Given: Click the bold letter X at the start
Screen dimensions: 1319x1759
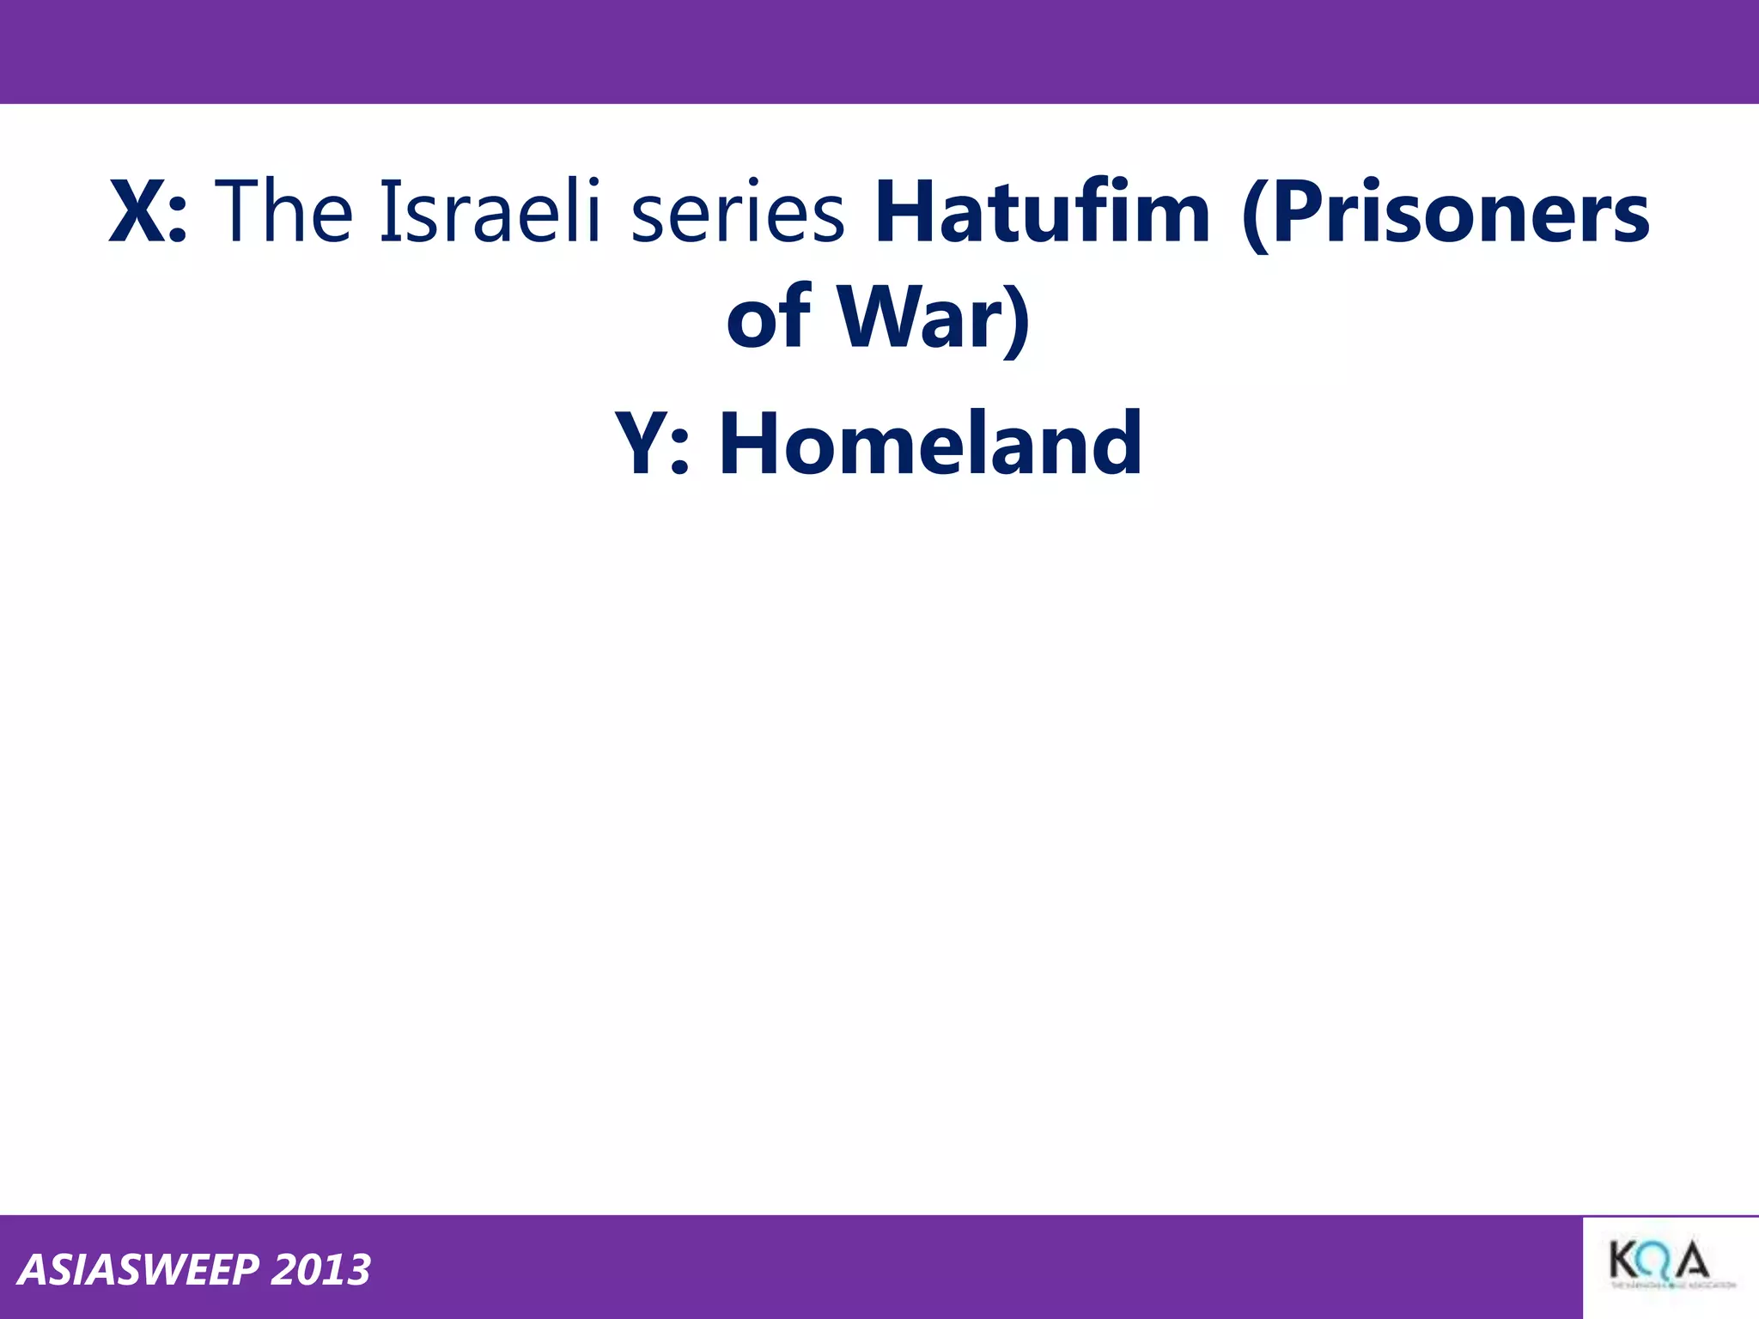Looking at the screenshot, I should point(137,212).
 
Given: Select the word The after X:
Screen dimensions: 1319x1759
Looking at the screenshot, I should point(283,210).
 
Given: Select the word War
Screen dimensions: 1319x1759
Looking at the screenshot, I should point(919,317).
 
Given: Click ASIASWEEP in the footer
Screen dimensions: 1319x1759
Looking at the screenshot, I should point(137,1270).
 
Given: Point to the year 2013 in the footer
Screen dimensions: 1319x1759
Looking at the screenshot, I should point(320,1270).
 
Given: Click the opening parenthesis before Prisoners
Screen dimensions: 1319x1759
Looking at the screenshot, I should point(1256,215).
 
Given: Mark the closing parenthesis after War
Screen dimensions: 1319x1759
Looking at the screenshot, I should point(1017,319).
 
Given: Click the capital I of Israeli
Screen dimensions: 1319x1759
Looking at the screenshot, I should point(387,210).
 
